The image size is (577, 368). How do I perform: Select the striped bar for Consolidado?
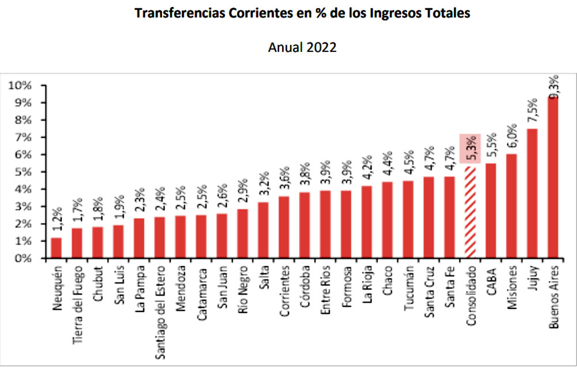pos(470,213)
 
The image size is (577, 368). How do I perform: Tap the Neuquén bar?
pos(56,248)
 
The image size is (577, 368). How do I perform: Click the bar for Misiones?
pos(511,206)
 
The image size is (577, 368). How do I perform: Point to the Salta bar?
pos(263,230)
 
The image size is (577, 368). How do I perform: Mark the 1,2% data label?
pos(57,221)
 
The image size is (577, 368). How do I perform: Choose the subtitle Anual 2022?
pos(302,47)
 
